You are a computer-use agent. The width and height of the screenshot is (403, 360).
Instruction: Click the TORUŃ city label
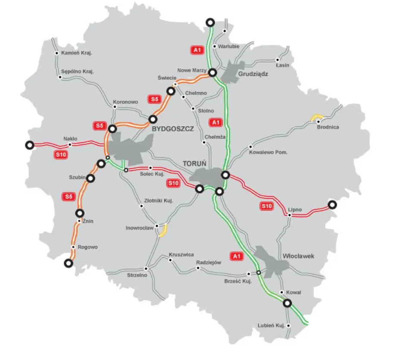click(x=195, y=163)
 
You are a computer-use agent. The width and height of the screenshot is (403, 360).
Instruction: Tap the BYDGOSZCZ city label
click(x=172, y=128)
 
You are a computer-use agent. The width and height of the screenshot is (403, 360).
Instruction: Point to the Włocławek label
click(x=298, y=256)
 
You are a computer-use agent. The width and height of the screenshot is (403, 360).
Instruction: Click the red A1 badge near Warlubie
click(x=197, y=50)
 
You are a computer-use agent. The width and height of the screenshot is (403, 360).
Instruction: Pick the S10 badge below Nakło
click(x=61, y=154)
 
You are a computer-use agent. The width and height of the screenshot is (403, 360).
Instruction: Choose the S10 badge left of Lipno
click(x=267, y=207)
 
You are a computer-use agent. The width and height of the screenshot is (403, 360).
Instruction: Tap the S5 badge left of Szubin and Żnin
click(x=69, y=197)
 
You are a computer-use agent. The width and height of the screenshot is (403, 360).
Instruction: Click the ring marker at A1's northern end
click(x=210, y=22)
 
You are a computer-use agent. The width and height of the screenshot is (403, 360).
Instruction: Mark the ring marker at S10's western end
click(x=29, y=145)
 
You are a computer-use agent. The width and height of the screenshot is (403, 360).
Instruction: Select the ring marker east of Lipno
click(x=332, y=204)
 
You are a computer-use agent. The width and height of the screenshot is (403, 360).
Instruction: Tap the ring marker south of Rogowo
click(x=67, y=263)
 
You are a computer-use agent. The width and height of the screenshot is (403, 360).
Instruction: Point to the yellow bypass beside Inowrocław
click(x=163, y=231)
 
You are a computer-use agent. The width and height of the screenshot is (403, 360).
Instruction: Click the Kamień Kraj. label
click(x=77, y=53)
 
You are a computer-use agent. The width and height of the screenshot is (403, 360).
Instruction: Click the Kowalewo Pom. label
click(x=268, y=152)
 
